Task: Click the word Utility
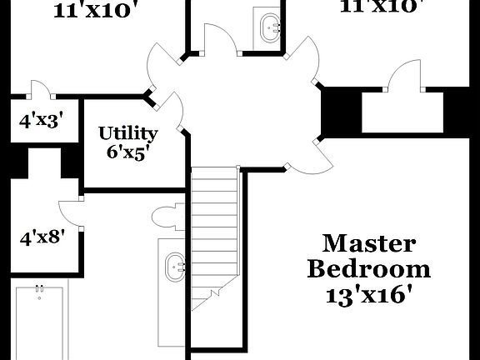[x=128, y=133]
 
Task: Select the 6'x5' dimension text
[x=128, y=152]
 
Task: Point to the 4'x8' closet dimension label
[x=42, y=237]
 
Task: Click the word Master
[x=368, y=243]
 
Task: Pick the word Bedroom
[x=369, y=269]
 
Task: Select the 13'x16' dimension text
[x=369, y=295]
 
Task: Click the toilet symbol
[x=167, y=216]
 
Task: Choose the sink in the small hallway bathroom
[x=272, y=27]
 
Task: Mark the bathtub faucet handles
[x=38, y=289]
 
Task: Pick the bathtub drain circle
[x=38, y=297]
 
